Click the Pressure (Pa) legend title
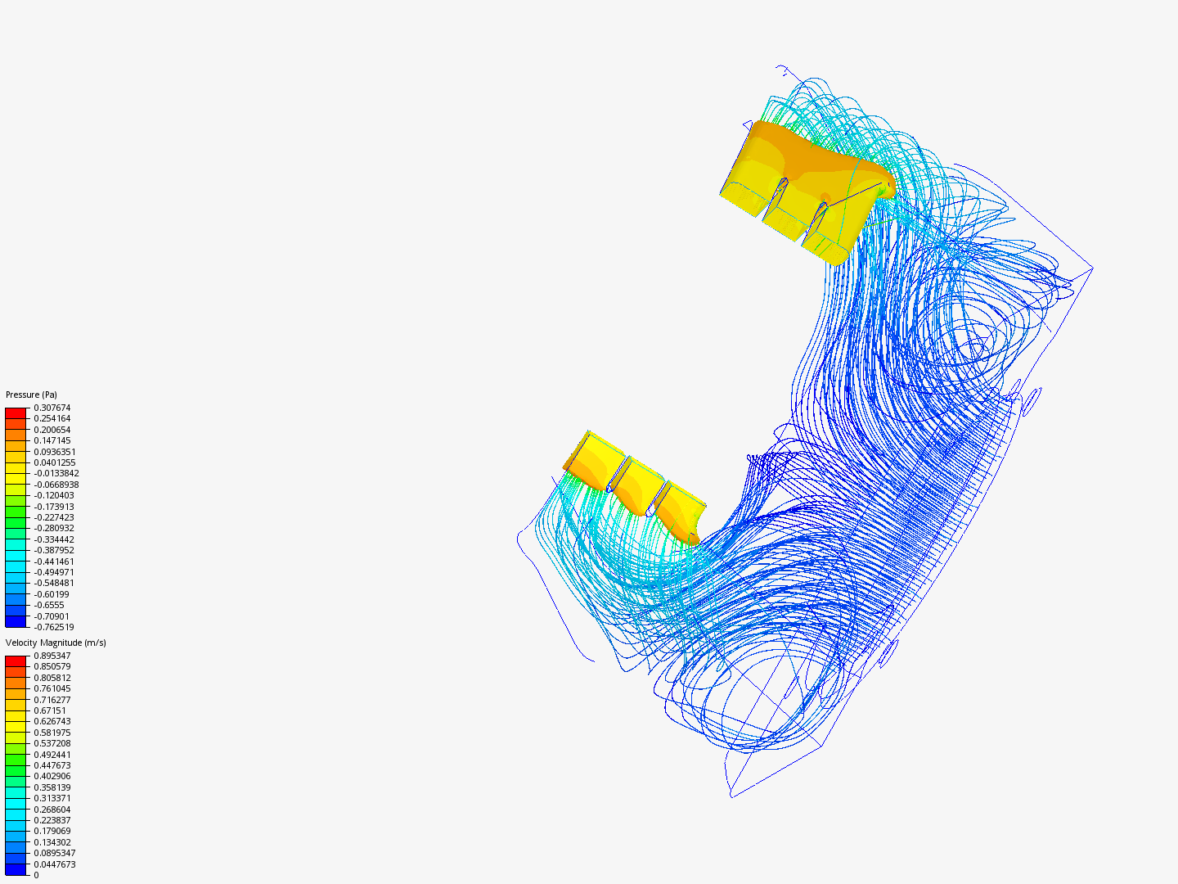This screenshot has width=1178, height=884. click(x=31, y=395)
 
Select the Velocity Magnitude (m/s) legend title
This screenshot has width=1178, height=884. click(x=56, y=643)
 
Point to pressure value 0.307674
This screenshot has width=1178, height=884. click(x=52, y=408)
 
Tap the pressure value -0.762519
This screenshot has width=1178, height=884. click(x=54, y=627)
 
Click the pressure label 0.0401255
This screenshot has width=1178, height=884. click(x=54, y=462)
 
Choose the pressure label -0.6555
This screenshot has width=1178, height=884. click(x=49, y=605)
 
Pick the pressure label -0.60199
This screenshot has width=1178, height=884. click(x=52, y=594)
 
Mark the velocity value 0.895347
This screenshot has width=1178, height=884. click(x=52, y=656)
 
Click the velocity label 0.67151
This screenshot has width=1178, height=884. click(x=50, y=710)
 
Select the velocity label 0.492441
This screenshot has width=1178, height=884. click(x=52, y=755)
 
